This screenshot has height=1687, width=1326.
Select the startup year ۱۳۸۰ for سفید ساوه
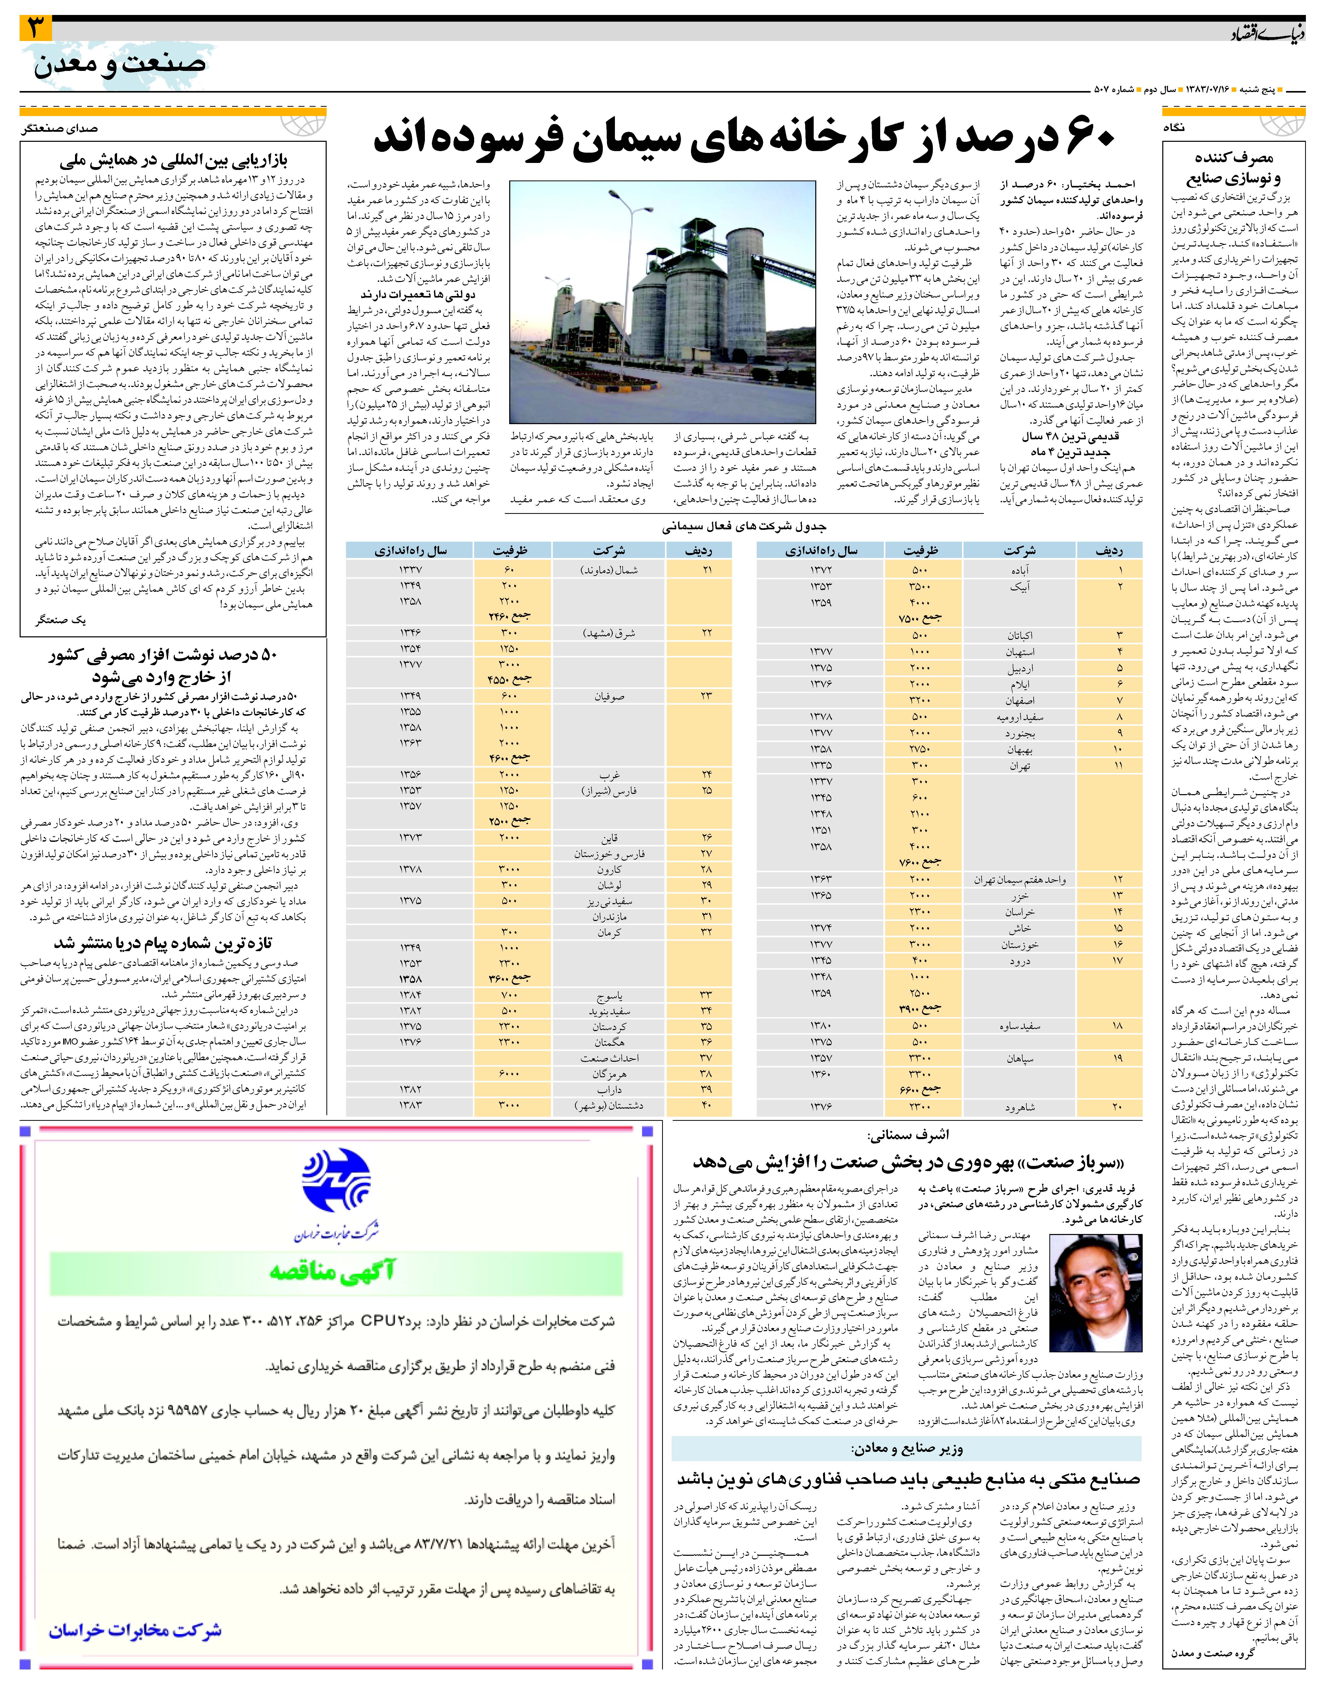click(x=821, y=1026)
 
